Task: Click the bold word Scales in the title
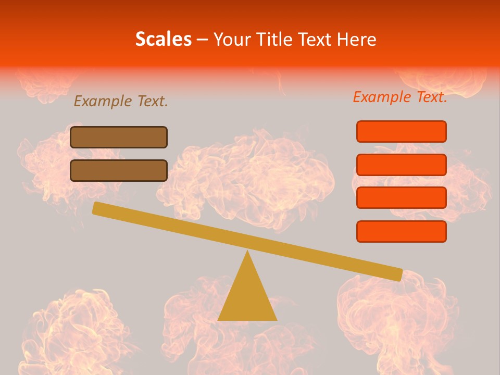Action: tap(163, 40)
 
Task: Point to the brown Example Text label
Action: tap(121, 102)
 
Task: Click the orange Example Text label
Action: tap(400, 97)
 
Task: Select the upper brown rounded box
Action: tap(119, 137)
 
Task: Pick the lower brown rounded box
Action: tap(119, 170)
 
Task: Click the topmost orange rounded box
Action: tap(401, 131)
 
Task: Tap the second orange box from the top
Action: tap(401, 165)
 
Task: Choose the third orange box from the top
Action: tap(401, 197)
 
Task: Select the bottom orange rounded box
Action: tap(401, 231)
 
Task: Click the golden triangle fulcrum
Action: tap(247, 297)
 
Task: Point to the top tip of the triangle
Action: tap(247, 252)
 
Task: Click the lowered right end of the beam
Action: tap(398, 273)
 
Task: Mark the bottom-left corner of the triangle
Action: tap(219, 319)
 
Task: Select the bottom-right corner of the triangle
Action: tap(276, 319)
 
